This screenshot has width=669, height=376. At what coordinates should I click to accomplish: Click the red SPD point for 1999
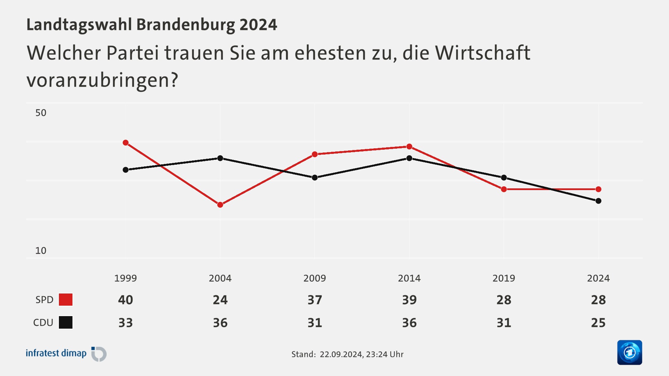126,143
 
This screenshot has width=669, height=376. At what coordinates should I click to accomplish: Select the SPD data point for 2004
220,205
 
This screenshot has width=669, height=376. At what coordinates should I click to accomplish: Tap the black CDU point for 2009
315,178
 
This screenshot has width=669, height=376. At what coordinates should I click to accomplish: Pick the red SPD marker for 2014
409,147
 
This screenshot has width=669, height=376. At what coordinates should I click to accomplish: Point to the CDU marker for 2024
598,201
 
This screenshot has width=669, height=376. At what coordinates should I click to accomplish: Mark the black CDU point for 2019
504,178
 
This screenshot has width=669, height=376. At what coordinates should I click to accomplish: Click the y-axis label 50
41,113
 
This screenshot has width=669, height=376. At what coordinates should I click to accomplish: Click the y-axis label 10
41,251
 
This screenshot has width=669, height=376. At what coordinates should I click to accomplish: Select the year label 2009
315,278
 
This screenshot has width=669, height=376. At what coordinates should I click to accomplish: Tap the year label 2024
598,278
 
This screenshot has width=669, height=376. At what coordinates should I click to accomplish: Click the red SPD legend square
66,299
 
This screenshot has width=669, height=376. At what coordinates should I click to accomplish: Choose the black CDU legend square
66,322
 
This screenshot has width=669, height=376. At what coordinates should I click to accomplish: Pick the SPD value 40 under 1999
125,300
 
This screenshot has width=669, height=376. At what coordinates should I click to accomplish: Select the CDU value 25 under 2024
598,323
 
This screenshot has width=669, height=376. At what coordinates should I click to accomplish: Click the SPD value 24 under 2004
220,300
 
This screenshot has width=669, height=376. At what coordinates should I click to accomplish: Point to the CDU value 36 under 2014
409,323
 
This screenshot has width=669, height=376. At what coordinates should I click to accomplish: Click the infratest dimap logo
66,354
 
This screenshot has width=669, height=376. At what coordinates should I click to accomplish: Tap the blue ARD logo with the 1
629,352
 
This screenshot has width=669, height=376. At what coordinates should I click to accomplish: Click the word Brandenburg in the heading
186,25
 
